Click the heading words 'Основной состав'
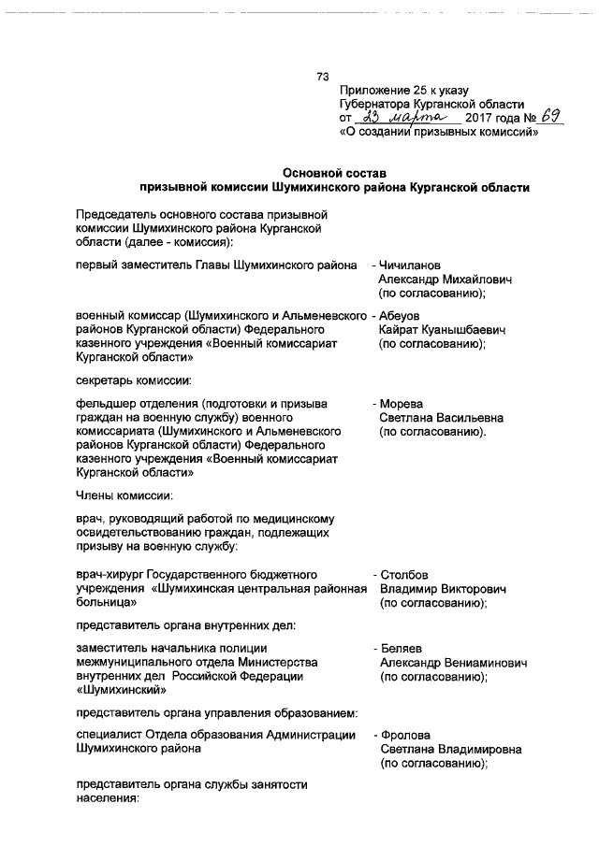click(x=334, y=172)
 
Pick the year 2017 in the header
click(x=479, y=120)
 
